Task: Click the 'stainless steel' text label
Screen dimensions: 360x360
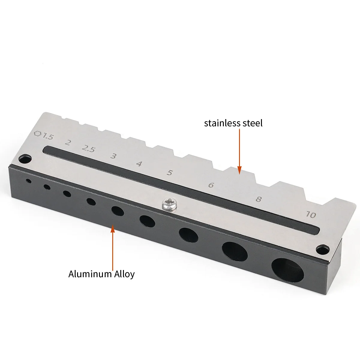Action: click(233, 123)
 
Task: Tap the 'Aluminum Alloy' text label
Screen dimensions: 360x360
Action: click(101, 274)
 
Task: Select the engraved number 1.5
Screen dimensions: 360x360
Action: click(48, 136)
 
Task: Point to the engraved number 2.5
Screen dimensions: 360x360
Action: click(89, 149)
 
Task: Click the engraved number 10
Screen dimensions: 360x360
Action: click(311, 215)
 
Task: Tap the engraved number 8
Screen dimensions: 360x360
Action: click(258, 199)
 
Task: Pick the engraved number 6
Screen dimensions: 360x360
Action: click(211, 185)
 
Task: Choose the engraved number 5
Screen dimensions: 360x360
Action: click(169, 172)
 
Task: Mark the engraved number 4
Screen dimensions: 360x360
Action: click(139, 164)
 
